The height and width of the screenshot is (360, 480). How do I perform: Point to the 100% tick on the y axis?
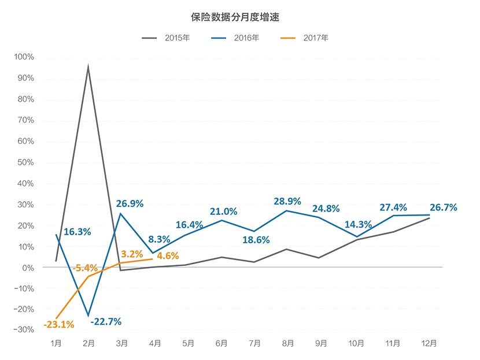click(24, 57)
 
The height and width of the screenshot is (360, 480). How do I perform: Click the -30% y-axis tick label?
click(24, 330)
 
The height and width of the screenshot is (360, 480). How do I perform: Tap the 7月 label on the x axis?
click(256, 343)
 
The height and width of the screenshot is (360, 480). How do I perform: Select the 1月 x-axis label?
click(56, 343)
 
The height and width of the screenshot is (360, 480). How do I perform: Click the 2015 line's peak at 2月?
click(88, 66)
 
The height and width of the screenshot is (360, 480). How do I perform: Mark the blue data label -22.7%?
click(105, 322)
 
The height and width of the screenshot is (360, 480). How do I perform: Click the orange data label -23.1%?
click(58, 325)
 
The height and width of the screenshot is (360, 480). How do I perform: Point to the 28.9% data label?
click(287, 201)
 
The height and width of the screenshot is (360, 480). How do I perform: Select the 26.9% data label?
click(130, 203)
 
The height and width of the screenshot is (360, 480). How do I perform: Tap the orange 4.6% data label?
click(168, 255)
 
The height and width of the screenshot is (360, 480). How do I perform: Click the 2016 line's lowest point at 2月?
click(89, 316)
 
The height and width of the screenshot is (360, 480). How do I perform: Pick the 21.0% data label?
click(223, 211)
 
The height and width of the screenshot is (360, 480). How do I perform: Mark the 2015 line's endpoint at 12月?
click(429, 218)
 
